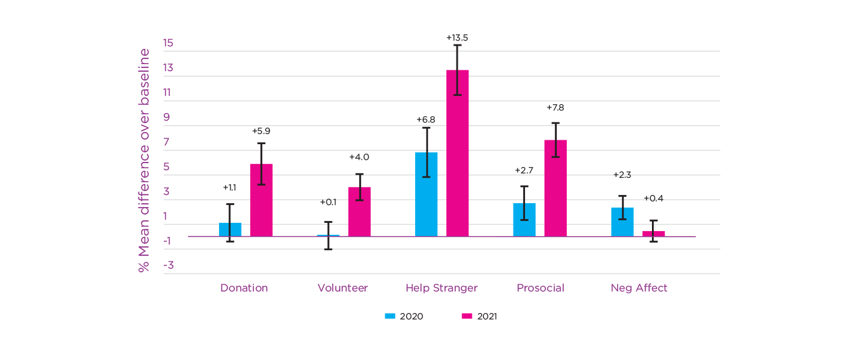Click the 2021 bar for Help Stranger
click(x=457, y=153)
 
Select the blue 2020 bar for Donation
click(x=230, y=230)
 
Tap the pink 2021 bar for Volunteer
click(x=359, y=212)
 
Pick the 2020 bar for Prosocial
click(x=524, y=220)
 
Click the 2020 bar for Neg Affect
click(x=622, y=222)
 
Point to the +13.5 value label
click(x=457, y=37)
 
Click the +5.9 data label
click(x=261, y=131)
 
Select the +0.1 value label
click(x=328, y=202)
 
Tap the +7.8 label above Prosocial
click(x=555, y=107)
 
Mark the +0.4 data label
click(x=653, y=198)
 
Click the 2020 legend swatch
click(x=390, y=316)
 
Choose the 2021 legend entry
click(x=479, y=316)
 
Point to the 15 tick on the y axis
click(x=168, y=43)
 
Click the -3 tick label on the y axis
click(x=168, y=265)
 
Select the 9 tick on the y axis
click(x=168, y=117)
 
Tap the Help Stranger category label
click(x=441, y=288)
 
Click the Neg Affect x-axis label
click(x=639, y=288)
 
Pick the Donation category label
click(x=244, y=288)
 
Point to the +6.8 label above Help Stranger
click(x=426, y=119)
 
